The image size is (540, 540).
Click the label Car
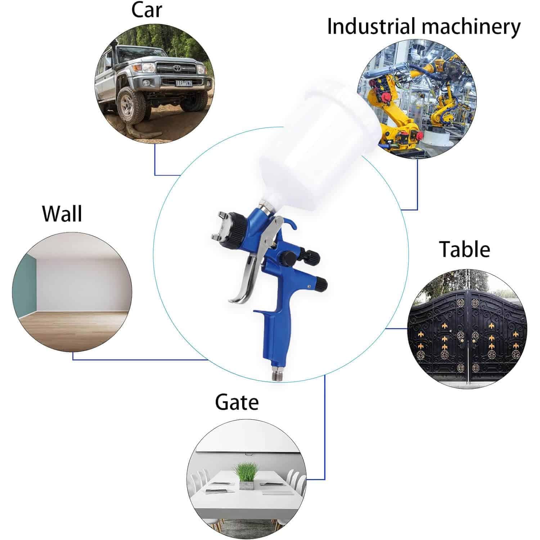147,10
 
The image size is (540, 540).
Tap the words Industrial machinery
423,27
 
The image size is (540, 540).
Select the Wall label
62,213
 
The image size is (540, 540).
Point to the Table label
464,249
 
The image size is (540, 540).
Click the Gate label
237,402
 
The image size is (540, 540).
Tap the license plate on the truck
184,83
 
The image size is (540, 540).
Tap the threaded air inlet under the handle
276,374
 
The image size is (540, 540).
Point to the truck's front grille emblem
177,67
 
